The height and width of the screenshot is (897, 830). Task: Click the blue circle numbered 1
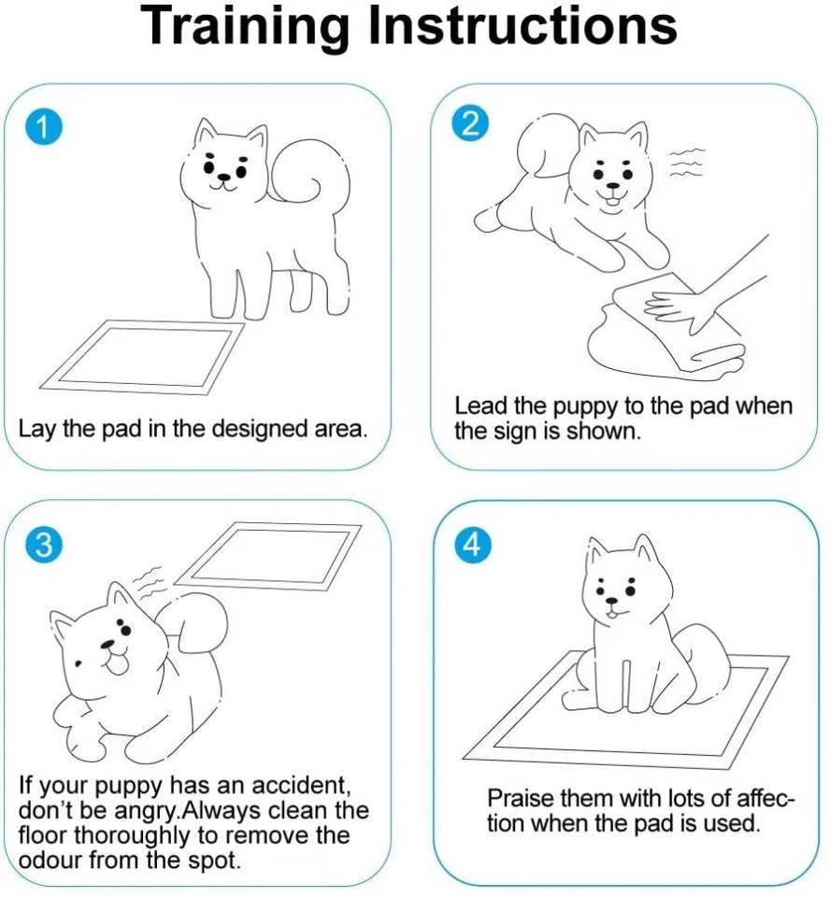[x=44, y=128]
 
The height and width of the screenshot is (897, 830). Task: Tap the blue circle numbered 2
[x=470, y=123]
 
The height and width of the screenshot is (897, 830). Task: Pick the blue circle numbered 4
[x=472, y=544]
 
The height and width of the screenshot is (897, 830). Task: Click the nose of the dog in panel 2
[x=612, y=186]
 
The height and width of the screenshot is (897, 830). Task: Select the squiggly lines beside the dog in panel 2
[x=686, y=163]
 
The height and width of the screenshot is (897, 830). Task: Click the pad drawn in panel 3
[x=267, y=556]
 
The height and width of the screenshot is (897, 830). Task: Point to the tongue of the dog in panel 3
[x=119, y=665]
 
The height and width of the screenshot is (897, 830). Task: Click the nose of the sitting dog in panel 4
[x=612, y=601]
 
